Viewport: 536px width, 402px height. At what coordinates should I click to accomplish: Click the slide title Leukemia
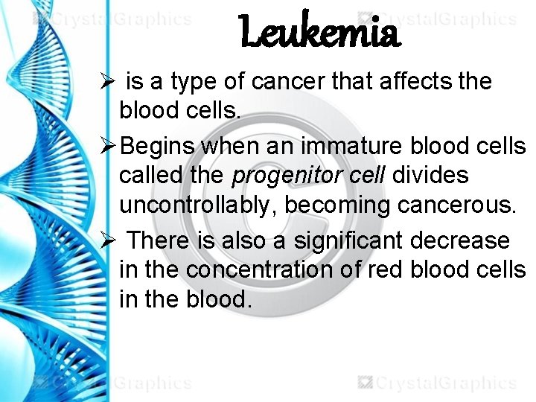pyautogui.click(x=320, y=33)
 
